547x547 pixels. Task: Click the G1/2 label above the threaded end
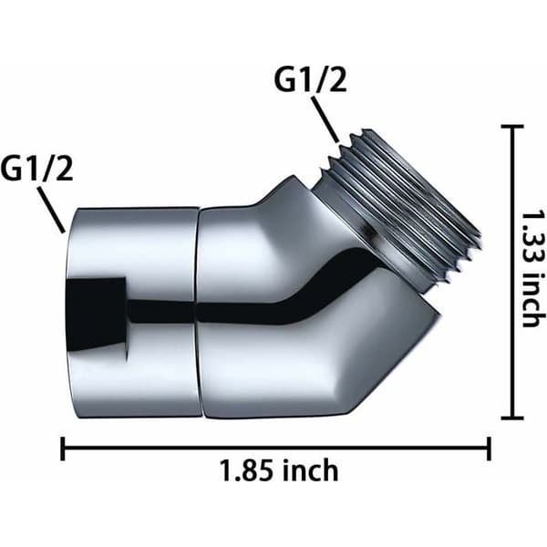(x=310, y=80)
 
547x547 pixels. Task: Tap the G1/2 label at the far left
(x=36, y=168)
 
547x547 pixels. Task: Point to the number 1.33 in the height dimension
(x=533, y=236)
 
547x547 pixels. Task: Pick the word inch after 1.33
(x=533, y=299)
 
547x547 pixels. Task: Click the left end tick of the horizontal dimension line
(x=63, y=449)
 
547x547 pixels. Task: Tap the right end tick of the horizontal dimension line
(x=489, y=449)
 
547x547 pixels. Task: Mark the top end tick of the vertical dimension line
(x=512, y=127)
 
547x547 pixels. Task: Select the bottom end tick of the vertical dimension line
(x=512, y=418)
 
